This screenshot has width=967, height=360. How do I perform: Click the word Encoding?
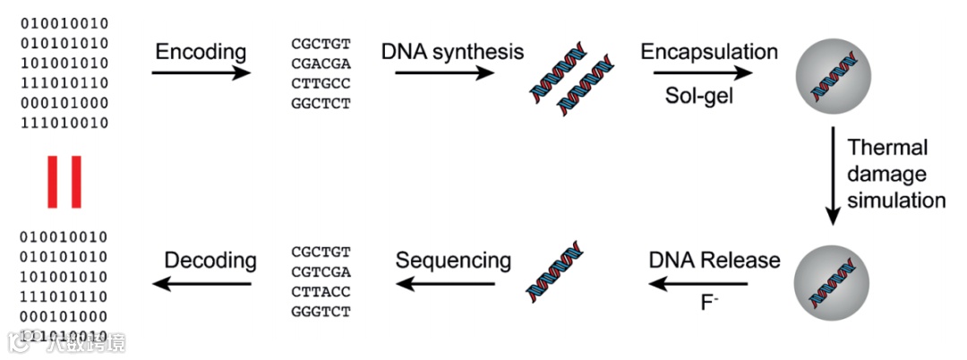tap(201, 52)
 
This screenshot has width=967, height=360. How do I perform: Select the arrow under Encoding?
tap(201, 73)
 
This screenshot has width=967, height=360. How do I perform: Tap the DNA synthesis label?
tap(452, 51)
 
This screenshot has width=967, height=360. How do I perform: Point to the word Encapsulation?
tap(709, 51)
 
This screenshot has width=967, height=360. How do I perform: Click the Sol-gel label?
tap(699, 95)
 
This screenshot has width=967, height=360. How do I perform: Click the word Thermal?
tap(887, 148)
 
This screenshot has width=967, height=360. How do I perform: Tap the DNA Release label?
tap(715, 261)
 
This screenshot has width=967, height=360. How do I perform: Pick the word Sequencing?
tap(453, 261)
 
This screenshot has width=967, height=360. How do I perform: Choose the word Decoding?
tap(210, 261)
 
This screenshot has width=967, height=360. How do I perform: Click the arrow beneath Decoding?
tap(201, 284)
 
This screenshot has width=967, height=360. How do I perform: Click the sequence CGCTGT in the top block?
tap(321, 44)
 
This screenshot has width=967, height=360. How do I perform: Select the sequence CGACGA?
tap(321, 64)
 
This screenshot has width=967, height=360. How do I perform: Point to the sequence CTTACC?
tap(321, 291)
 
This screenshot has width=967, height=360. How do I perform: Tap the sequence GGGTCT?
tap(321, 311)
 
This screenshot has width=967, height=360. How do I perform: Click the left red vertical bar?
tap(53, 183)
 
